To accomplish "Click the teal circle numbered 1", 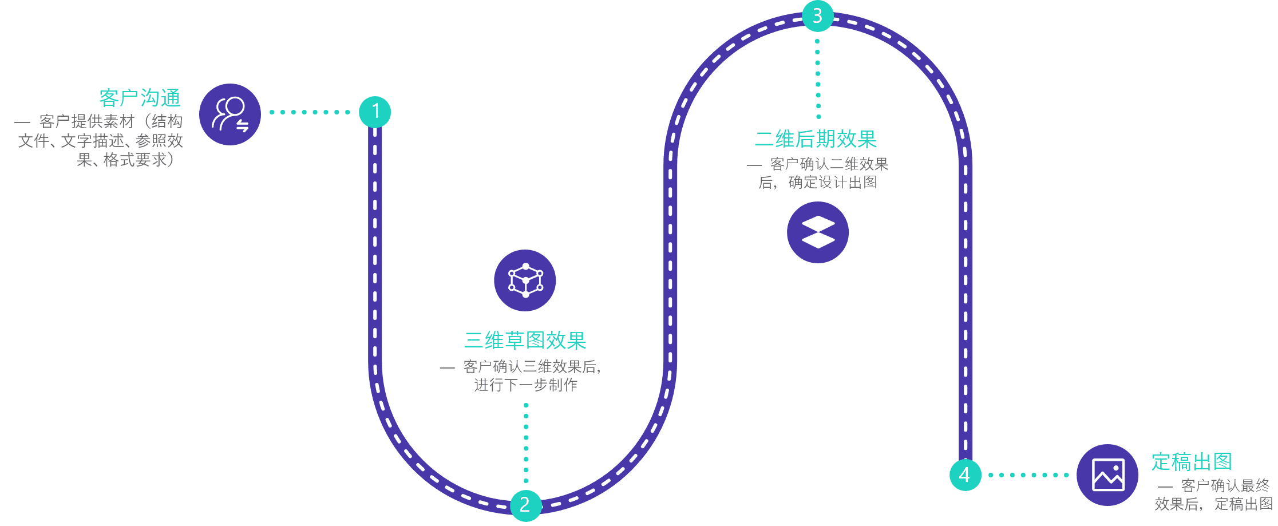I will click(375, 112).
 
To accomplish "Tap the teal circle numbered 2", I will click(525, 505).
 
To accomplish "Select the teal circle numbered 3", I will click(817, 16).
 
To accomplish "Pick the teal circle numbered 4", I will click(965, 474).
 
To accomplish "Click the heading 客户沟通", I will click(140, 98).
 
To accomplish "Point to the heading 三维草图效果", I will click(525, 341).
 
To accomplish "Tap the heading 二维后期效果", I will click(816, 139).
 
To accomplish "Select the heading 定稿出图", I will click(1192, 461).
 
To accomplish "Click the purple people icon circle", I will click(230, 114).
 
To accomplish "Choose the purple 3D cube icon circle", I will click(525, 280).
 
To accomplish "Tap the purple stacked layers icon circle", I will click(818, 232).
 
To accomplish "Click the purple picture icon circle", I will click(1107, 474).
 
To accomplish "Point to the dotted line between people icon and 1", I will click(310, 112).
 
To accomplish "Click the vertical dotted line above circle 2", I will click(526, 443).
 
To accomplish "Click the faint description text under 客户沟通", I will click(100, 141).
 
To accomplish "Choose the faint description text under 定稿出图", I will click(1213, 495).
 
